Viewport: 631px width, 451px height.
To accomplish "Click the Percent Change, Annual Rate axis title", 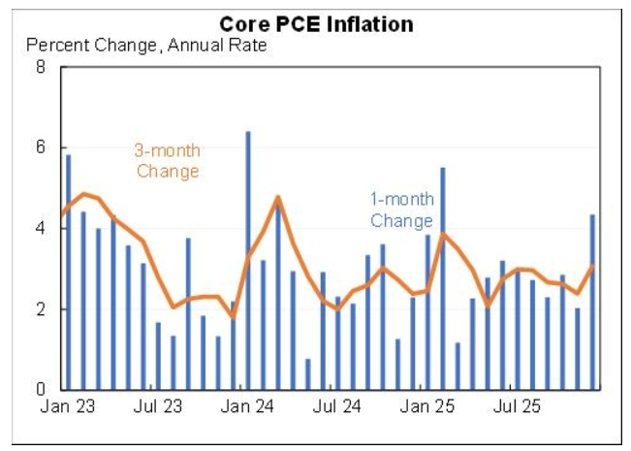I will tap(146, 45).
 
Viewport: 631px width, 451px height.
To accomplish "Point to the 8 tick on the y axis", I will tap(41, 68).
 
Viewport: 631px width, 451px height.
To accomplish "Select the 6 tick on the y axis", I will tap(41, 148).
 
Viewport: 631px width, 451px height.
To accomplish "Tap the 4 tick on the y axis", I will tap(41, 229).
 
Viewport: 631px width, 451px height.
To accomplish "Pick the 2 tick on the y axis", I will tap(41, 309).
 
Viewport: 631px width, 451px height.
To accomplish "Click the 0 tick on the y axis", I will tap(41, 390).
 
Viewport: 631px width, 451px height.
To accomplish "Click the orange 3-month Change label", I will tap(167, 161).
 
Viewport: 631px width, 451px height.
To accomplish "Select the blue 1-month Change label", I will tap(401, 210).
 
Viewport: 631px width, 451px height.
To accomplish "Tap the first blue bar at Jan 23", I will tap(68, 272).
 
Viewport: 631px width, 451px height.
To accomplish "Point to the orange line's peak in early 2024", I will tap(278, 197).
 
